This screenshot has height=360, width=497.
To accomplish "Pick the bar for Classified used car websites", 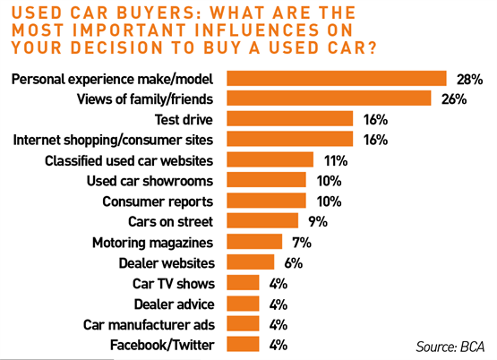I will pos(270,160).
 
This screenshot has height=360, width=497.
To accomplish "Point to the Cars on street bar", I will pos(262,220).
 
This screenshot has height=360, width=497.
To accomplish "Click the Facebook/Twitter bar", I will pos(243,345).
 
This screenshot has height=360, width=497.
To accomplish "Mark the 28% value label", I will pos(469,80).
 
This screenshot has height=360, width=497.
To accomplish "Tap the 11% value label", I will pos(335,161).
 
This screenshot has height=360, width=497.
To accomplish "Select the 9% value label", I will pos(316,221).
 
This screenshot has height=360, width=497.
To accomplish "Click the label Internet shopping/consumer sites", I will pos(116,140).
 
